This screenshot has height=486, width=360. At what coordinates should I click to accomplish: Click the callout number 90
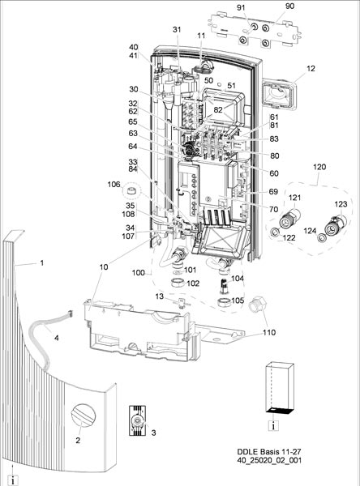[x=289, y=6]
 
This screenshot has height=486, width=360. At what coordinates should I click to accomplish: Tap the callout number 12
[x=311, y=69]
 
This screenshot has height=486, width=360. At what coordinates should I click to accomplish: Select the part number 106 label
[x=114, y=185]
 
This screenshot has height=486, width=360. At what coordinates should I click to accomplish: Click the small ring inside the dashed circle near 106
[x=132, y=190]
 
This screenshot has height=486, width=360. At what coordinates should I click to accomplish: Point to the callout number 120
[x=319, y=167]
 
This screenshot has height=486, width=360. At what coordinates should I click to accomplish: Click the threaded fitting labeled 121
[x=290, y=220]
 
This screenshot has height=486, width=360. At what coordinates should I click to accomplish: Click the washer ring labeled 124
[x=322, y=238]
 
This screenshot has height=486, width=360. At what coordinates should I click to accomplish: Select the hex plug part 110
[x=257, y=304]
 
